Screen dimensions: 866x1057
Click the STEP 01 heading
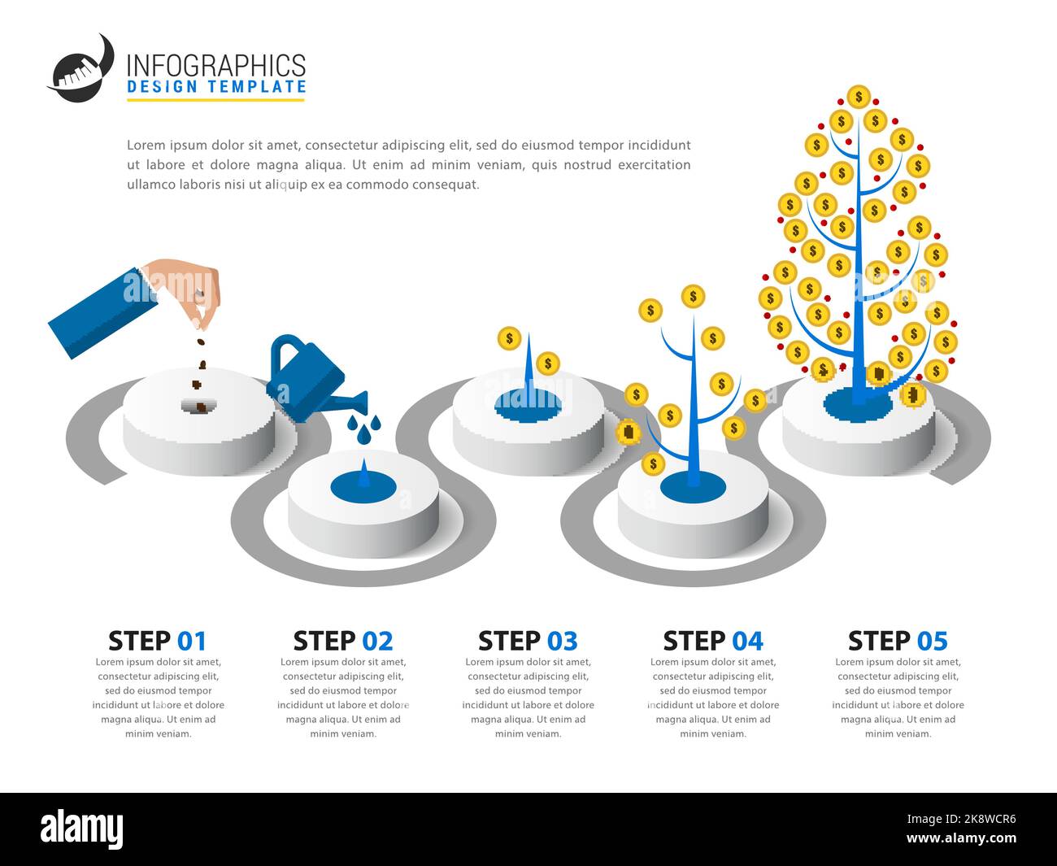(x=158, y=641)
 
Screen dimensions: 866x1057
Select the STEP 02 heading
(x=342, y=641)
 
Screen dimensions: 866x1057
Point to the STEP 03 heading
(x=528, y=641)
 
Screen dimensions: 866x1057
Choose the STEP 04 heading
(x=713, y=641)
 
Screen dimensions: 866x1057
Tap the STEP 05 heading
(x=898, y=641)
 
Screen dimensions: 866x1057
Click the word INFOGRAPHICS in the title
(x=216, y=65)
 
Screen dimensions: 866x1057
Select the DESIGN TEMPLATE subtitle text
(x=216, y=87)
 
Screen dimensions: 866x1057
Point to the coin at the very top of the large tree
(x=858, y=97)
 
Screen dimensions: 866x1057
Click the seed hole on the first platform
(x=198, y=405)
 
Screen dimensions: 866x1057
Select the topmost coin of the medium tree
(x=693, y=296)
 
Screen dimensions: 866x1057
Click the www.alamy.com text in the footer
(x=961, y=839)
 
